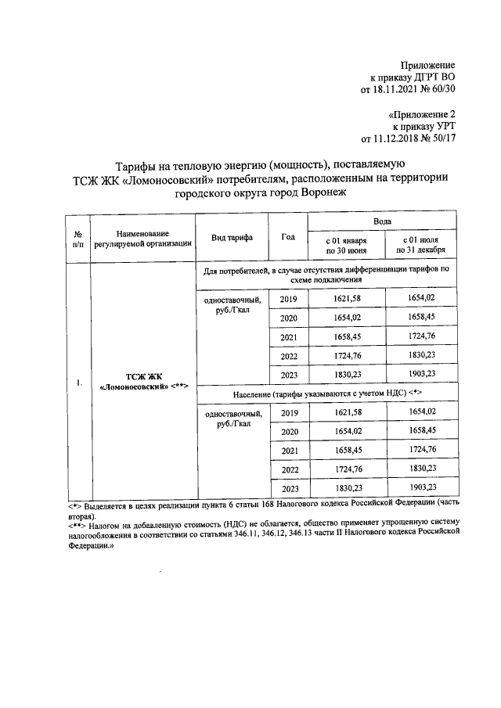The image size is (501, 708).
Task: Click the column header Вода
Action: tap(381, 222)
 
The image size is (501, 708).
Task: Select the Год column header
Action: tap(287, 237)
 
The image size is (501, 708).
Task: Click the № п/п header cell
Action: tap(78, 238)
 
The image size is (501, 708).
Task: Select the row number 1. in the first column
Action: tap(78, 383)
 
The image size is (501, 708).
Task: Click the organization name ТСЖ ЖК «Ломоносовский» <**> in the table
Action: tap(142, 383)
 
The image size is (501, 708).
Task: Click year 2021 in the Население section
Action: tap(289, 451)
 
